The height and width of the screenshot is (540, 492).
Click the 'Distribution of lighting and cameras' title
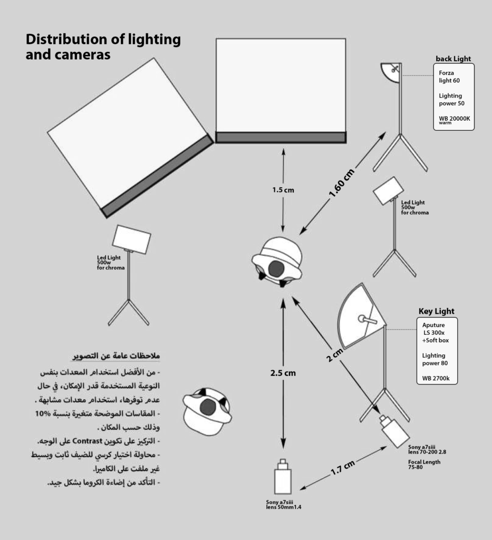tap(103, 47)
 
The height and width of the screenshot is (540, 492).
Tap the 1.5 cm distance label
tap(283, 190)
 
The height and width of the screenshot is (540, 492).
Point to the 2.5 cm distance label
tap(283, 373)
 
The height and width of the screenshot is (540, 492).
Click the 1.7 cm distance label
tap(343, 467)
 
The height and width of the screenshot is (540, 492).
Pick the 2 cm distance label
tap(334, 356)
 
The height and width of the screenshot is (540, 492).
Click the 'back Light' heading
tap(453, 59)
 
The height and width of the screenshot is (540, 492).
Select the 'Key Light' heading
tap(436, 311)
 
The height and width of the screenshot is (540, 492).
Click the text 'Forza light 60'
tap(446, 76)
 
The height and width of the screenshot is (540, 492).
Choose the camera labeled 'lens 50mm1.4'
tap(284, 478)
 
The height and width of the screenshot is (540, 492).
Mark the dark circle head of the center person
tap(276, 268)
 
